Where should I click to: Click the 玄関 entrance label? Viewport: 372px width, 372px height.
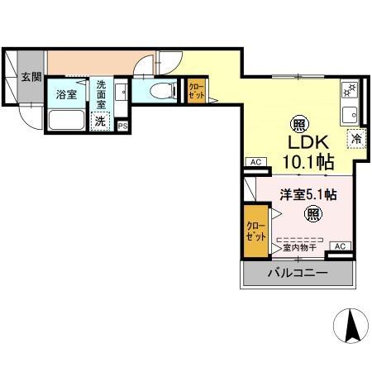tap(31, 78)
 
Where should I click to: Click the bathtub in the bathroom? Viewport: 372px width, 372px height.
tap(66, 119)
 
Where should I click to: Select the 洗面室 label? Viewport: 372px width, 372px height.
tap(100, 95)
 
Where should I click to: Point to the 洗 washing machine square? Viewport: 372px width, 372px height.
tap(99, 121)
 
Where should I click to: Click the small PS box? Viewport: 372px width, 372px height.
tap(122, 126)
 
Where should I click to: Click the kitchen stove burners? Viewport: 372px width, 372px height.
tap(348, 88)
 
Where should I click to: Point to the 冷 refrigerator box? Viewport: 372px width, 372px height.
tap(356, 140)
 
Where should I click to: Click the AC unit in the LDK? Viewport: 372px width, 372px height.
tap(255, 161)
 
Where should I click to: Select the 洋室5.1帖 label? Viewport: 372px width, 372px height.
tap(307, 195)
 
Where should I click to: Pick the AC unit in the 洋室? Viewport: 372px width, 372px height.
tap(339, 246)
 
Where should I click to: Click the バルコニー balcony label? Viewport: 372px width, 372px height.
tap(297, 274)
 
